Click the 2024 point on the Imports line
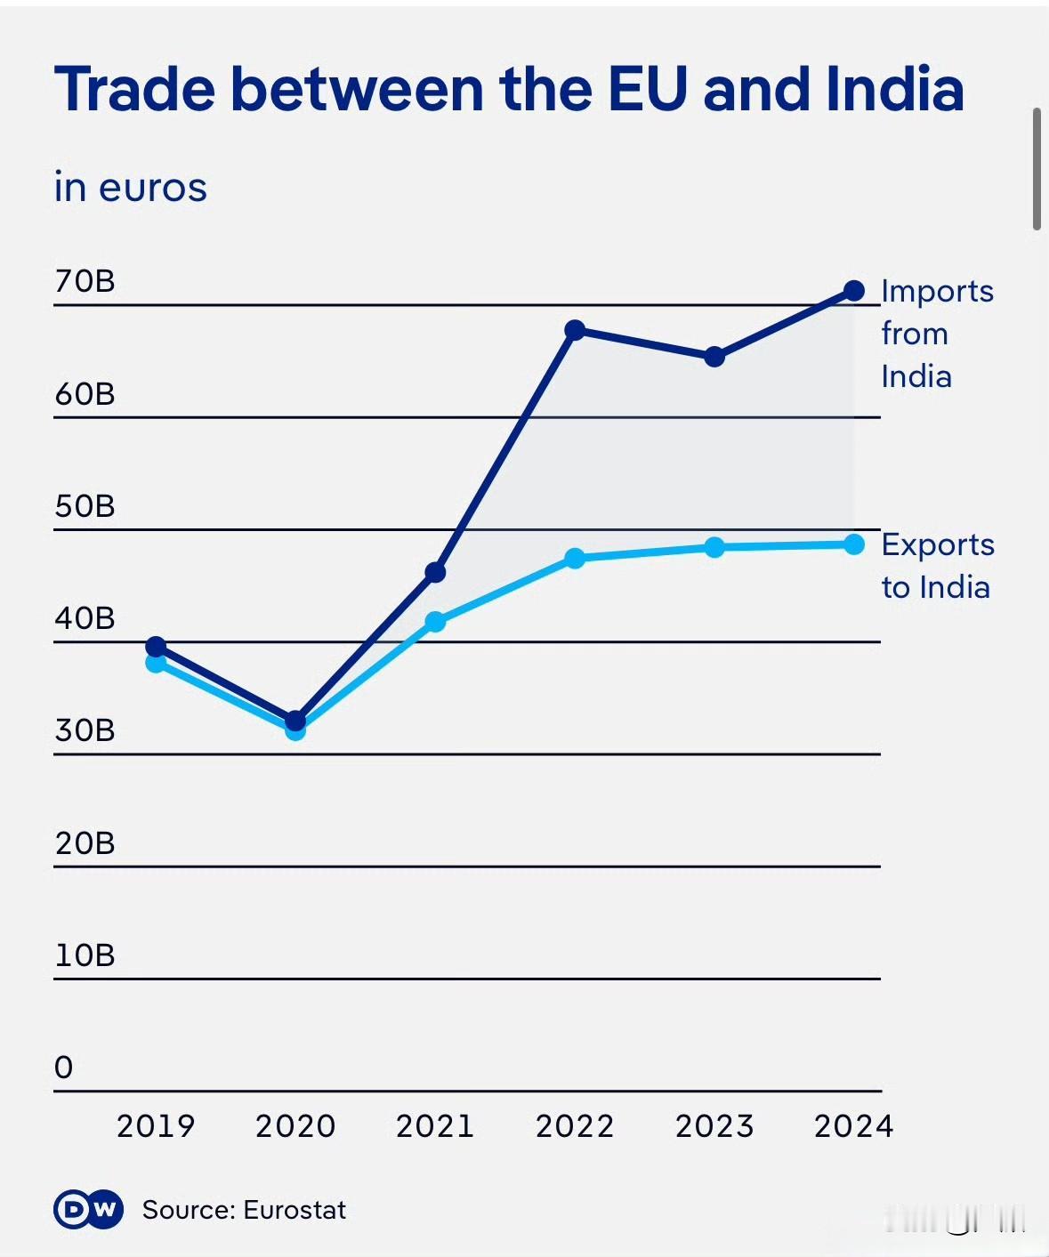[853, 291]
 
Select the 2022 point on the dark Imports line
[575, 330]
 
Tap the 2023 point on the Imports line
[714, 357]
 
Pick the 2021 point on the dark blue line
[435, 572]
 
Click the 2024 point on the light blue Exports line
[853, 544]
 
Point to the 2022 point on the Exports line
[575, 559]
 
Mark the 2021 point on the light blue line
[435, 622]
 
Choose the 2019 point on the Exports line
[156, 663]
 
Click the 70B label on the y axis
[85, 281]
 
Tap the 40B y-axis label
[85, 618]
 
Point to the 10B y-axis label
[85, 955]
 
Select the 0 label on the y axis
[64, 1068]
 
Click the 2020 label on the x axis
[295, 1126]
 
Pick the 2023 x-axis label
[714, 1126]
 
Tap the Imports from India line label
[936, 334]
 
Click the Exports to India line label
[937, 566]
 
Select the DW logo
[88, 1209]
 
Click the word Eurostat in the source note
[295, 1210]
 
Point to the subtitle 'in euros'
[131, 188]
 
